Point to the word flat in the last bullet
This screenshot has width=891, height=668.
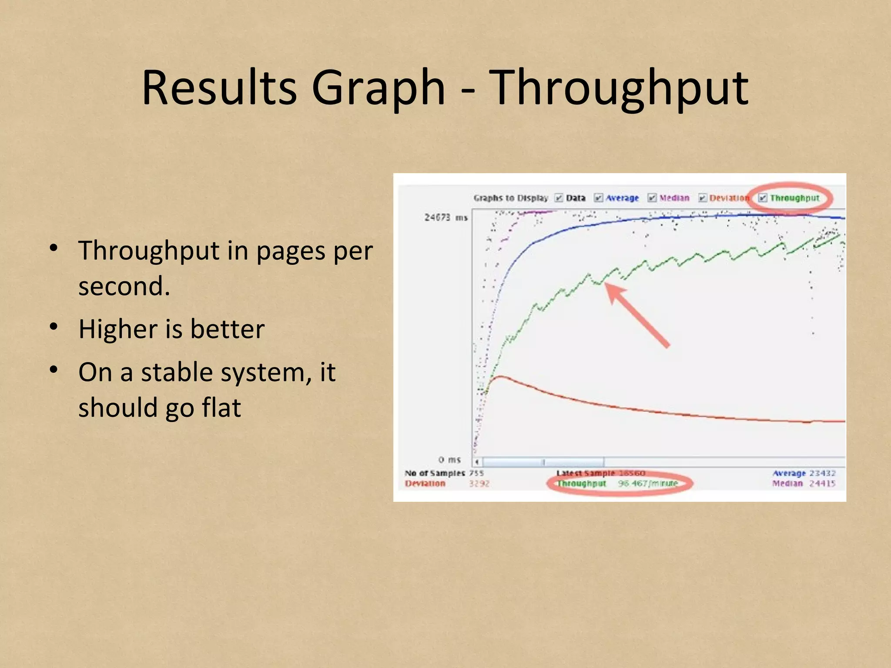pyautogui.click(x=221, y=408)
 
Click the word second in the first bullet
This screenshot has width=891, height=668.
pyautogui.click(x=124, y=287)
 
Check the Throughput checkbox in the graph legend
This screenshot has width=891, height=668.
pyautogui.click(x=763, y=198)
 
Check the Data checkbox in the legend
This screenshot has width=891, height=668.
pyautogui.click(x=559, y=198)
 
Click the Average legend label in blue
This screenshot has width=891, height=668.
pyautogui.click(x=622, y=198)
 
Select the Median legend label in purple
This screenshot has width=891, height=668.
pyautogui.click(x=674, y=198)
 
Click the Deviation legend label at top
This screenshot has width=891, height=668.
pyautogui.click(x=728, y=198)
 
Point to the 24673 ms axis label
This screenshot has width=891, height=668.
pyautogui.click(x=445, y=217)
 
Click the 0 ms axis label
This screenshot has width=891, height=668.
pyautogui.click(x=449, y=460)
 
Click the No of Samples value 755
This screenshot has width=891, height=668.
pyautogui.click(x=476, y=473)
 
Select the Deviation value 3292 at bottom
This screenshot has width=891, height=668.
pyautogui.click(x=479, y=483)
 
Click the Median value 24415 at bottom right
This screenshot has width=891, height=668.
pyautogui.click(x=822, y=483)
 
